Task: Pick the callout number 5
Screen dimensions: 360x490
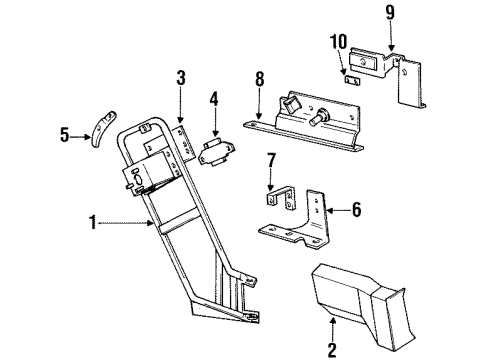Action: coord(65,134)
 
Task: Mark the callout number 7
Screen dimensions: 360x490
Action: coord(269,160)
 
